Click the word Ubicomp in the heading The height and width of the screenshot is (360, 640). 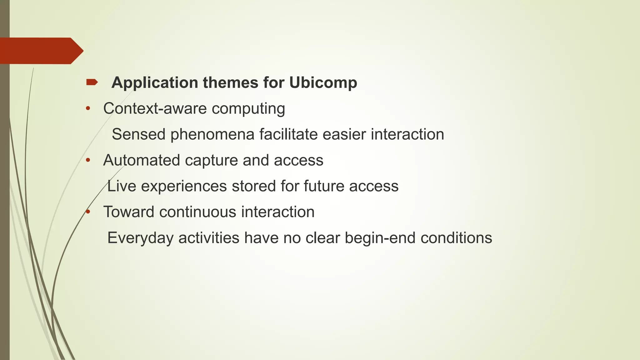click(323, 83)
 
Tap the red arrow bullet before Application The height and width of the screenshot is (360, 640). click(92, 82)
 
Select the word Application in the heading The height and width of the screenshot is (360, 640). click(155, 83)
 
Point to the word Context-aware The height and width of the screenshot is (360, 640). click(155, 109)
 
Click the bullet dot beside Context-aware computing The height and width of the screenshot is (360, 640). click(88, 109)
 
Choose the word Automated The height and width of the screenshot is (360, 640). click(142, 160)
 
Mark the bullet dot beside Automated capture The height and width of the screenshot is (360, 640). click(88, 160)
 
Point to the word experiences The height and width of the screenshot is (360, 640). click(184, 187)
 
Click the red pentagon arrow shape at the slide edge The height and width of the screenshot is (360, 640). click(41, 51)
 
